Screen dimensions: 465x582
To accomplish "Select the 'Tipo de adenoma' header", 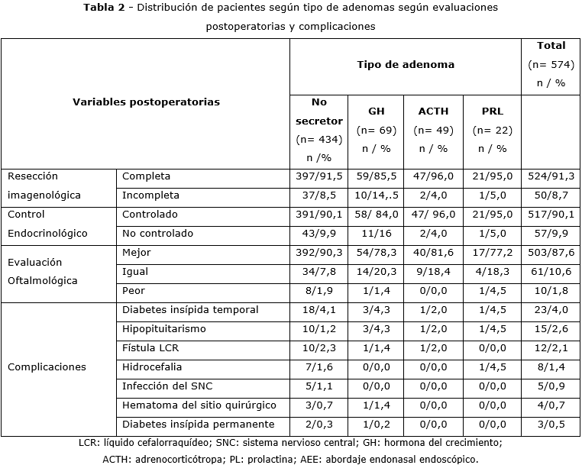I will (x=406, y=65).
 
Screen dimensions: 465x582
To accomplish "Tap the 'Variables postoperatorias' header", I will (x=146, y=102).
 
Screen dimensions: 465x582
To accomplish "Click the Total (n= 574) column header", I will (x=551, y=64).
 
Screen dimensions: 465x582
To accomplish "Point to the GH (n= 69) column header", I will (x=377, y=130).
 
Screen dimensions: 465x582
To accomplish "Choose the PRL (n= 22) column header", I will (x=492, y=130).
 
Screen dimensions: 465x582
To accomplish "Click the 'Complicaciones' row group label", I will (x=47, y=367).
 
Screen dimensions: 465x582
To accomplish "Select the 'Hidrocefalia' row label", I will (x=153, y=367).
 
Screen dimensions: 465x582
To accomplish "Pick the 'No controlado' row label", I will (x=157, y=234).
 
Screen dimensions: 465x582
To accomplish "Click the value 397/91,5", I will (x=318, y=176).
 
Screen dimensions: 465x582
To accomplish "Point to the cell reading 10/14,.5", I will (x=377, y=195).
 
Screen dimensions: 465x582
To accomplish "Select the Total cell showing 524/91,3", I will (x=551, y=176).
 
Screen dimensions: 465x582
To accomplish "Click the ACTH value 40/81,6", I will (x=434, y=253).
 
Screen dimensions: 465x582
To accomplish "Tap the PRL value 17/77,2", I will (x=492, y=253).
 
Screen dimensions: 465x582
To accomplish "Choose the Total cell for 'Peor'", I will (x=551, y=291).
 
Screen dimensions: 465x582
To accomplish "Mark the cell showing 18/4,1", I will (x=318, y=310).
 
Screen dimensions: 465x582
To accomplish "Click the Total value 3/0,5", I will (x=551, y=425).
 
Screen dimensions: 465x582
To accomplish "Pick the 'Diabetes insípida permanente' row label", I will (x=198, y=425).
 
